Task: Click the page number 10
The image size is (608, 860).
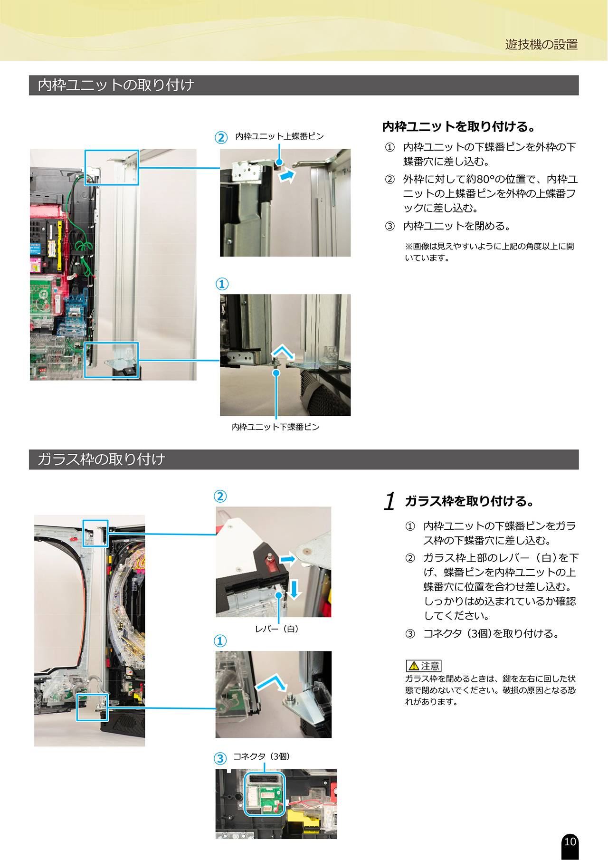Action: pyautogui.click(x=570, y=841)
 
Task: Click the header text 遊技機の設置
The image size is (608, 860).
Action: pyautogui.click(x=541, y=45)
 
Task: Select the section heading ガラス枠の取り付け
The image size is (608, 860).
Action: pyautogui.click(x=101, y=459)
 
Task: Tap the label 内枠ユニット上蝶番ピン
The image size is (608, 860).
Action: pyautogui.click(x=280, y=136)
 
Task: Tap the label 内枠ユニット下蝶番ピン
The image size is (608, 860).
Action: pyautogui.click(x=275, y=427)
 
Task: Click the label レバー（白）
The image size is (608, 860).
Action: pyautogui.click(x=277, y=629)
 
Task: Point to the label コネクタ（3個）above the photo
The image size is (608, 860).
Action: pyautogui.click(x=261, y=756)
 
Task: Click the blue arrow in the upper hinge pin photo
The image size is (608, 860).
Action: pyautogui.click(x=287, y=176)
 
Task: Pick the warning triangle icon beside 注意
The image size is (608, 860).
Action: pyautogui.click(x=414, y=666)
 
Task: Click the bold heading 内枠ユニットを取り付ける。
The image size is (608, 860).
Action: pyautogui.click(x=459, y=127)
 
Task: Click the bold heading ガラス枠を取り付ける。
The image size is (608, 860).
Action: pyautogui.click(x=470, y=501)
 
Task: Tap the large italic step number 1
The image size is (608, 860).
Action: pyautogui.click(x=390, y=501)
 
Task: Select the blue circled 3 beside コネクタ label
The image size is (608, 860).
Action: pyautogui.click(x=220, y=758)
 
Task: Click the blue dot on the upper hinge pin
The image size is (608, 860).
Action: pyautogui.click(x=279, y=162)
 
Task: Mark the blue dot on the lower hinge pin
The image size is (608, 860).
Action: pyautogui.click(x=276, y=373)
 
